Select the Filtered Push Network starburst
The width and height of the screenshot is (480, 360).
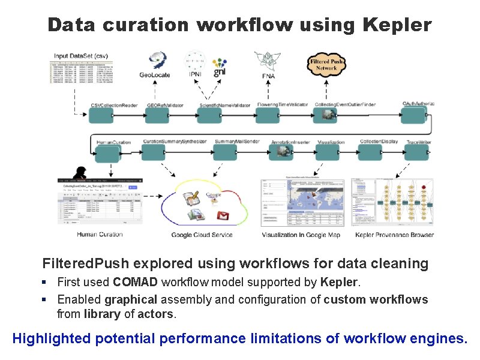326,65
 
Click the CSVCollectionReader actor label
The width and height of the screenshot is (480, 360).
114,105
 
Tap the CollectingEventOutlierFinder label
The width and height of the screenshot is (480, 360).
345,105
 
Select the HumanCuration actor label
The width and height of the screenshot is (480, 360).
113,142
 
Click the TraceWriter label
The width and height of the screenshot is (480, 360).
418,142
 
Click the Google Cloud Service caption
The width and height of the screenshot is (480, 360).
202,235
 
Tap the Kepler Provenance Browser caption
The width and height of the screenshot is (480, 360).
394,235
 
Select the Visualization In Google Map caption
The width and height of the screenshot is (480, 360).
301,235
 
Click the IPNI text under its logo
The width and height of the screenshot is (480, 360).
195,75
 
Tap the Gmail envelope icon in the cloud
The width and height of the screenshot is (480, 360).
223,215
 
